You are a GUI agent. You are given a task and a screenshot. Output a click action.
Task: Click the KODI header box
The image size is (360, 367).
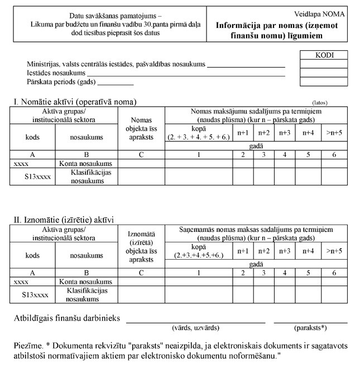324,55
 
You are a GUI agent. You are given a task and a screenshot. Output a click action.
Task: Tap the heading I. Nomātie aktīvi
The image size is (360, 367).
75,102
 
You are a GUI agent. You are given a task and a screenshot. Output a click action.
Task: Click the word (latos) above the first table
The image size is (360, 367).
320,103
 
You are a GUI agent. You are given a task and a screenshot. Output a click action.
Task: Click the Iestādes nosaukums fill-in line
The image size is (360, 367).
186,74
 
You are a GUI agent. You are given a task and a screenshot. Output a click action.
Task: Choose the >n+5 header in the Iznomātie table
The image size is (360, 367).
334,250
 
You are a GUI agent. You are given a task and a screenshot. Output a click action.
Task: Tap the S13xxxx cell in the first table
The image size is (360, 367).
33,178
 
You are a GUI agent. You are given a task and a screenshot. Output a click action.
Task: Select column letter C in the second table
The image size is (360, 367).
141,273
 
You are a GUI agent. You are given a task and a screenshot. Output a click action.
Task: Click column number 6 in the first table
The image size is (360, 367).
334,155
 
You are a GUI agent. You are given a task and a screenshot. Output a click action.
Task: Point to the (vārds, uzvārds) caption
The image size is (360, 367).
195,328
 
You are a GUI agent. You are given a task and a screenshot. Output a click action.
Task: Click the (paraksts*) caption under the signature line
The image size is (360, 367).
310,328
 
